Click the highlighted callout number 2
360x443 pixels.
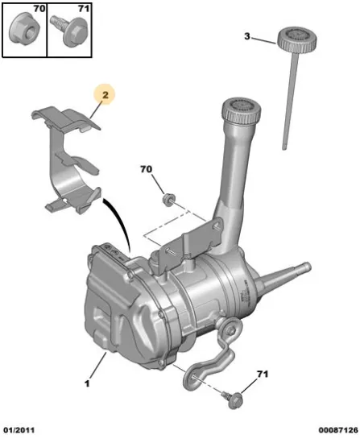106,95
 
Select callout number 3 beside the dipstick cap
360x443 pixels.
247,36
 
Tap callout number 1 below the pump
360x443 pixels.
87,383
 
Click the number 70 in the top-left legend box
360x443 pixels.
39,9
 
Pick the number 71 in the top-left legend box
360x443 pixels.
84,9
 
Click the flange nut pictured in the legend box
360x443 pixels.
24,28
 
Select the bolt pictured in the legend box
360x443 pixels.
70,31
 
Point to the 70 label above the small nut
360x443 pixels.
146,169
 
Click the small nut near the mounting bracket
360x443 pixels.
168,200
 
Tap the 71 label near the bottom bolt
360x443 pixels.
263,374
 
